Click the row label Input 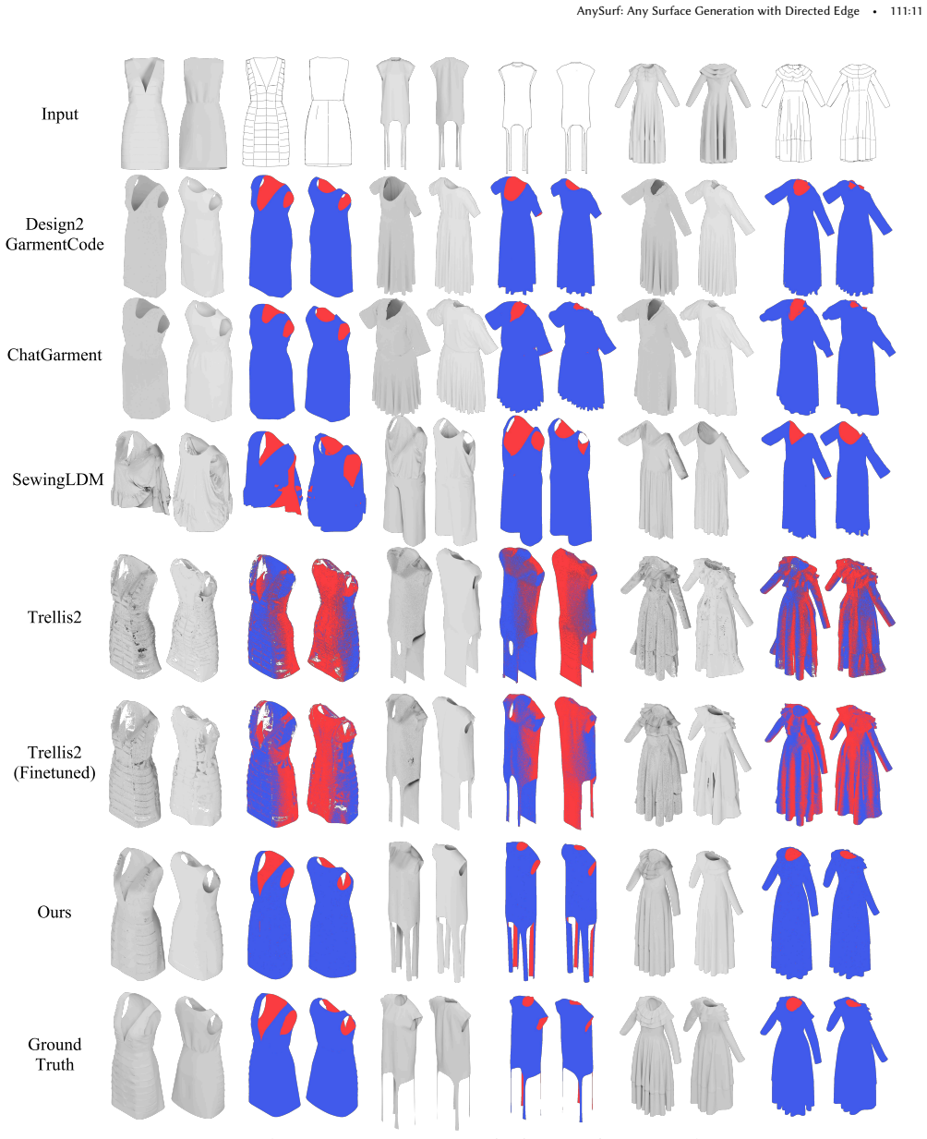coord(59,114)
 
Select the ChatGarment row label coord(54,355)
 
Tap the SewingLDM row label coord(57,479)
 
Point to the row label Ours coord(54,911)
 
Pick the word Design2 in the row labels coord(54,224)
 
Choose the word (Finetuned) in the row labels coord(54,772)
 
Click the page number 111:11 coord(906,11)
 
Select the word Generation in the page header coord(731,11)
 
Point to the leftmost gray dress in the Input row coord(144,114)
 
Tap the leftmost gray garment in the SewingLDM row coord(140,472)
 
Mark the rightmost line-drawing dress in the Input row coord(859,113)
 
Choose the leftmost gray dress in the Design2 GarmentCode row coord(145,236)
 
